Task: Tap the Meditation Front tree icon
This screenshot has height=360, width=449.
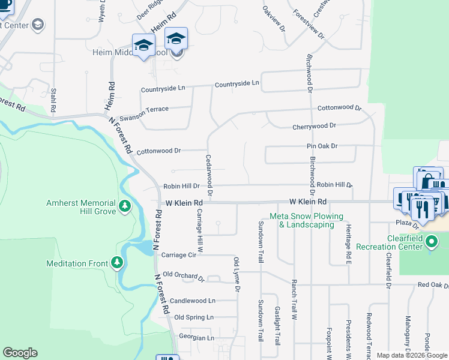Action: [117, 263]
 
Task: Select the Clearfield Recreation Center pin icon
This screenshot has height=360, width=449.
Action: [432, 242]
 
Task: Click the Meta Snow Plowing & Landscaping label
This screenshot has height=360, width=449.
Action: [306, 220]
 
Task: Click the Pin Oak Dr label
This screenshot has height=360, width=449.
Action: [322, 146]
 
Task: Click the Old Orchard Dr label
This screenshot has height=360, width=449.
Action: [184, 276]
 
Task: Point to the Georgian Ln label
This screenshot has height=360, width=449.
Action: [194, 338]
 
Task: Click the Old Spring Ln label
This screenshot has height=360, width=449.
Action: [193, 317]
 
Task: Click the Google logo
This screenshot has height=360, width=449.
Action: [20, 353]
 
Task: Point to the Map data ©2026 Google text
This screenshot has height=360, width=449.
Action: [411, 355]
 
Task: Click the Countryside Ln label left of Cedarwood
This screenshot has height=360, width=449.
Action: [163, 89]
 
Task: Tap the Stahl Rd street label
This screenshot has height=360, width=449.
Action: [53, 101]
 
